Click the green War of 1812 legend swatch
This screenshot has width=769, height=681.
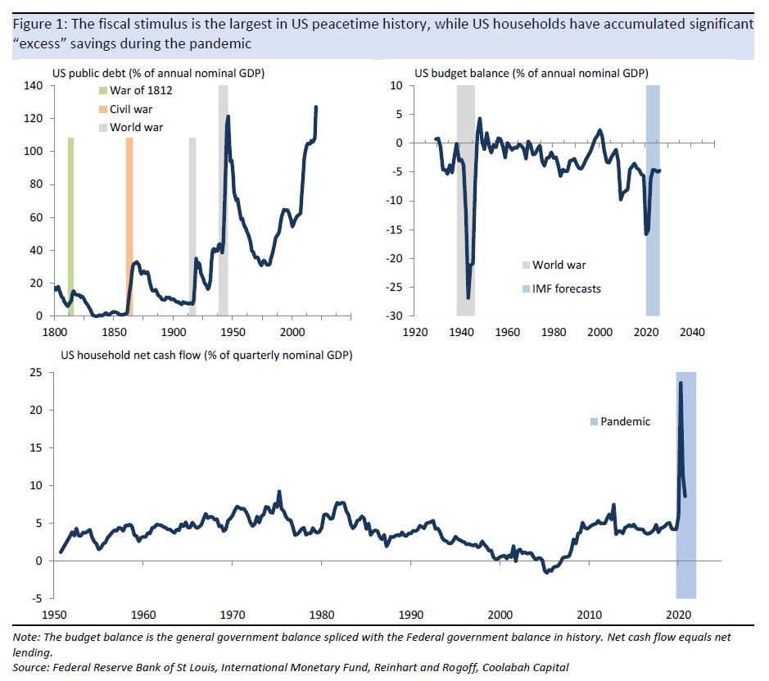tap(102, 90)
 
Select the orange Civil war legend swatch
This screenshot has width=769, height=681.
tap(102, 109)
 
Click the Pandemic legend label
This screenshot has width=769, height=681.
tap(625, 421)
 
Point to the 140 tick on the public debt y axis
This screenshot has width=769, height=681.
tap(33, 85)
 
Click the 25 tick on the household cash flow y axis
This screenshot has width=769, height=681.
tap(37, 373)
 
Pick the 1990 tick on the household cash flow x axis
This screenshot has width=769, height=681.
tap(410, 615)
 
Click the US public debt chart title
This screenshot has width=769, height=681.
tap(163, 74)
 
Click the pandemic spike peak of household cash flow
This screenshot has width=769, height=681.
tap(680, 383)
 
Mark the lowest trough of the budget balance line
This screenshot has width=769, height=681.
tap(468, 297)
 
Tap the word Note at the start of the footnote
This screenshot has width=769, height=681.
tap(27, 637)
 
